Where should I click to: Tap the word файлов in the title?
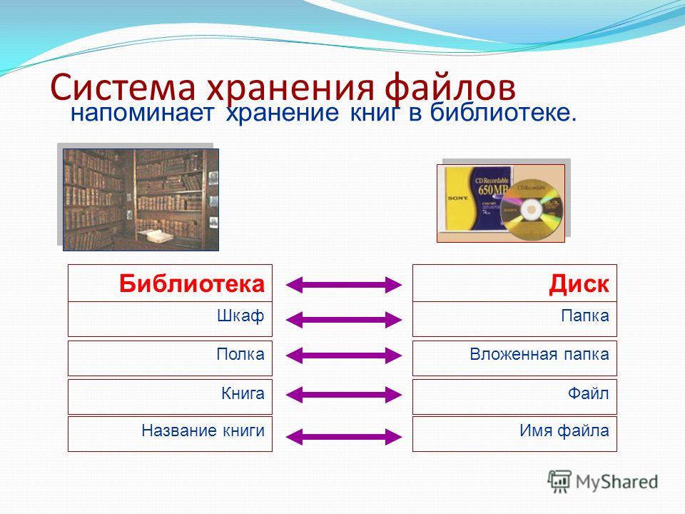click(x=450, y=87)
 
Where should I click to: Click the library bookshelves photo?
click(x=141, y=200)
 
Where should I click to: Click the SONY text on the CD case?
click(x=458, y=198)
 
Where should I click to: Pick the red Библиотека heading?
click(x=192, y=283)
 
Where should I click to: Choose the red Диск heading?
click(x=579, y=283)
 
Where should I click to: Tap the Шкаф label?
click(x=240, y=316)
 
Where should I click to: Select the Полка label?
click(x=240, y=353)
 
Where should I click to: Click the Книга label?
click(x=243, y=393)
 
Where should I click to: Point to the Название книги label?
click(x=203, y=430)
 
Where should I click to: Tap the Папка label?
click(x=585, y=316)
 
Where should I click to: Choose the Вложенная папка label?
click(x=539, y=353)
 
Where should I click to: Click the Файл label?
click(x=589, y=393)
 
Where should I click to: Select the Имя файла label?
click(x=564, y=430)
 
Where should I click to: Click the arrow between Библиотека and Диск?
click(x=343, y=285)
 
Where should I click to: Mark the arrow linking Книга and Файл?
click(x=343, y=395)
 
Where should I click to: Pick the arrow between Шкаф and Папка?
click(x=343, y=320)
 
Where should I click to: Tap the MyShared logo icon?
click(x=559, y=482)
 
